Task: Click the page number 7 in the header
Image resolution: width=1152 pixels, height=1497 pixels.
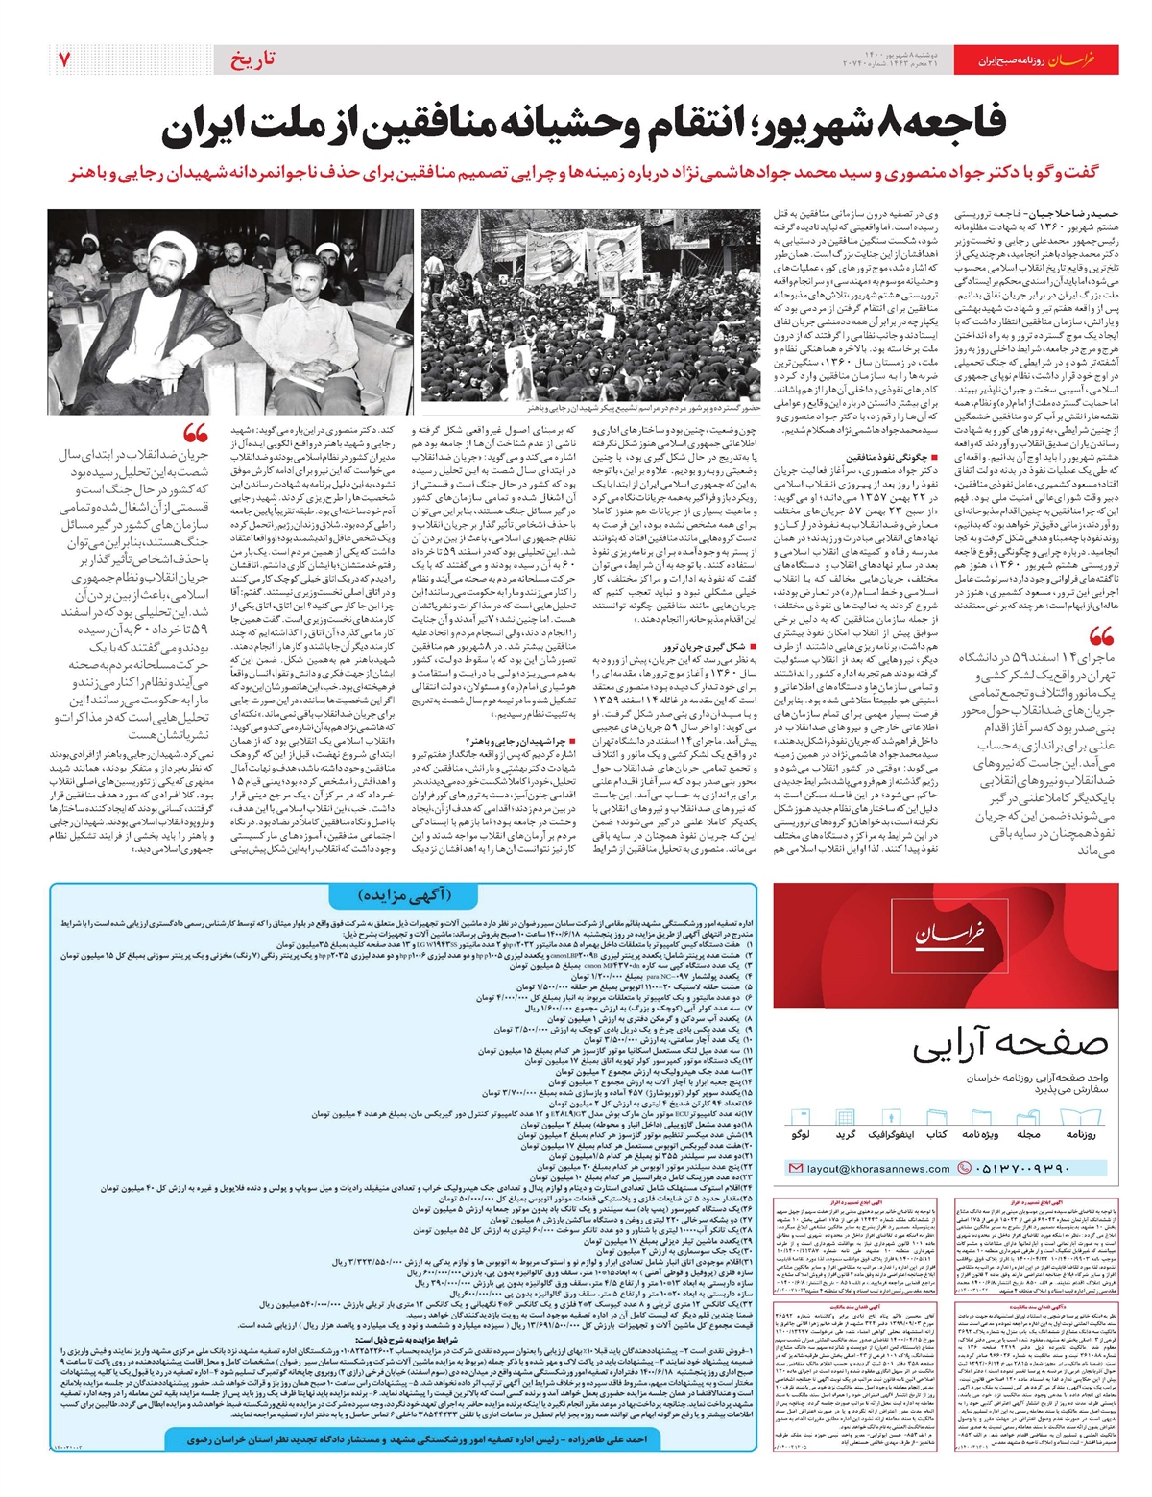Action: click(64, 59)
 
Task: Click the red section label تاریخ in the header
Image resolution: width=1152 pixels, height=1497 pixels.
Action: click(252, 59)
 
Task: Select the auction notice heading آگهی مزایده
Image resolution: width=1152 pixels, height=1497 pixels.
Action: click(404, 894)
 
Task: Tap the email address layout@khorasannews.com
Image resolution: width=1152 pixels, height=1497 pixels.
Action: click(878, 1169)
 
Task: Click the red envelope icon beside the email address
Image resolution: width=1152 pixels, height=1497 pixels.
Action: click(795, 1169)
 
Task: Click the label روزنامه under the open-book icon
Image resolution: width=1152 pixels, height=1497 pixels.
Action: click(1081, 1135)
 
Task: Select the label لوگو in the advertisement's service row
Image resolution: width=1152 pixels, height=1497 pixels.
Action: click(800, 1135)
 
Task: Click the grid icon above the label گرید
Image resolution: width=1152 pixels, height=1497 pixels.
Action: click(846, 1116)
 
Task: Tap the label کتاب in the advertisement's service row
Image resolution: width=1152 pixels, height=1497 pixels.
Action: click(937, 1135)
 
